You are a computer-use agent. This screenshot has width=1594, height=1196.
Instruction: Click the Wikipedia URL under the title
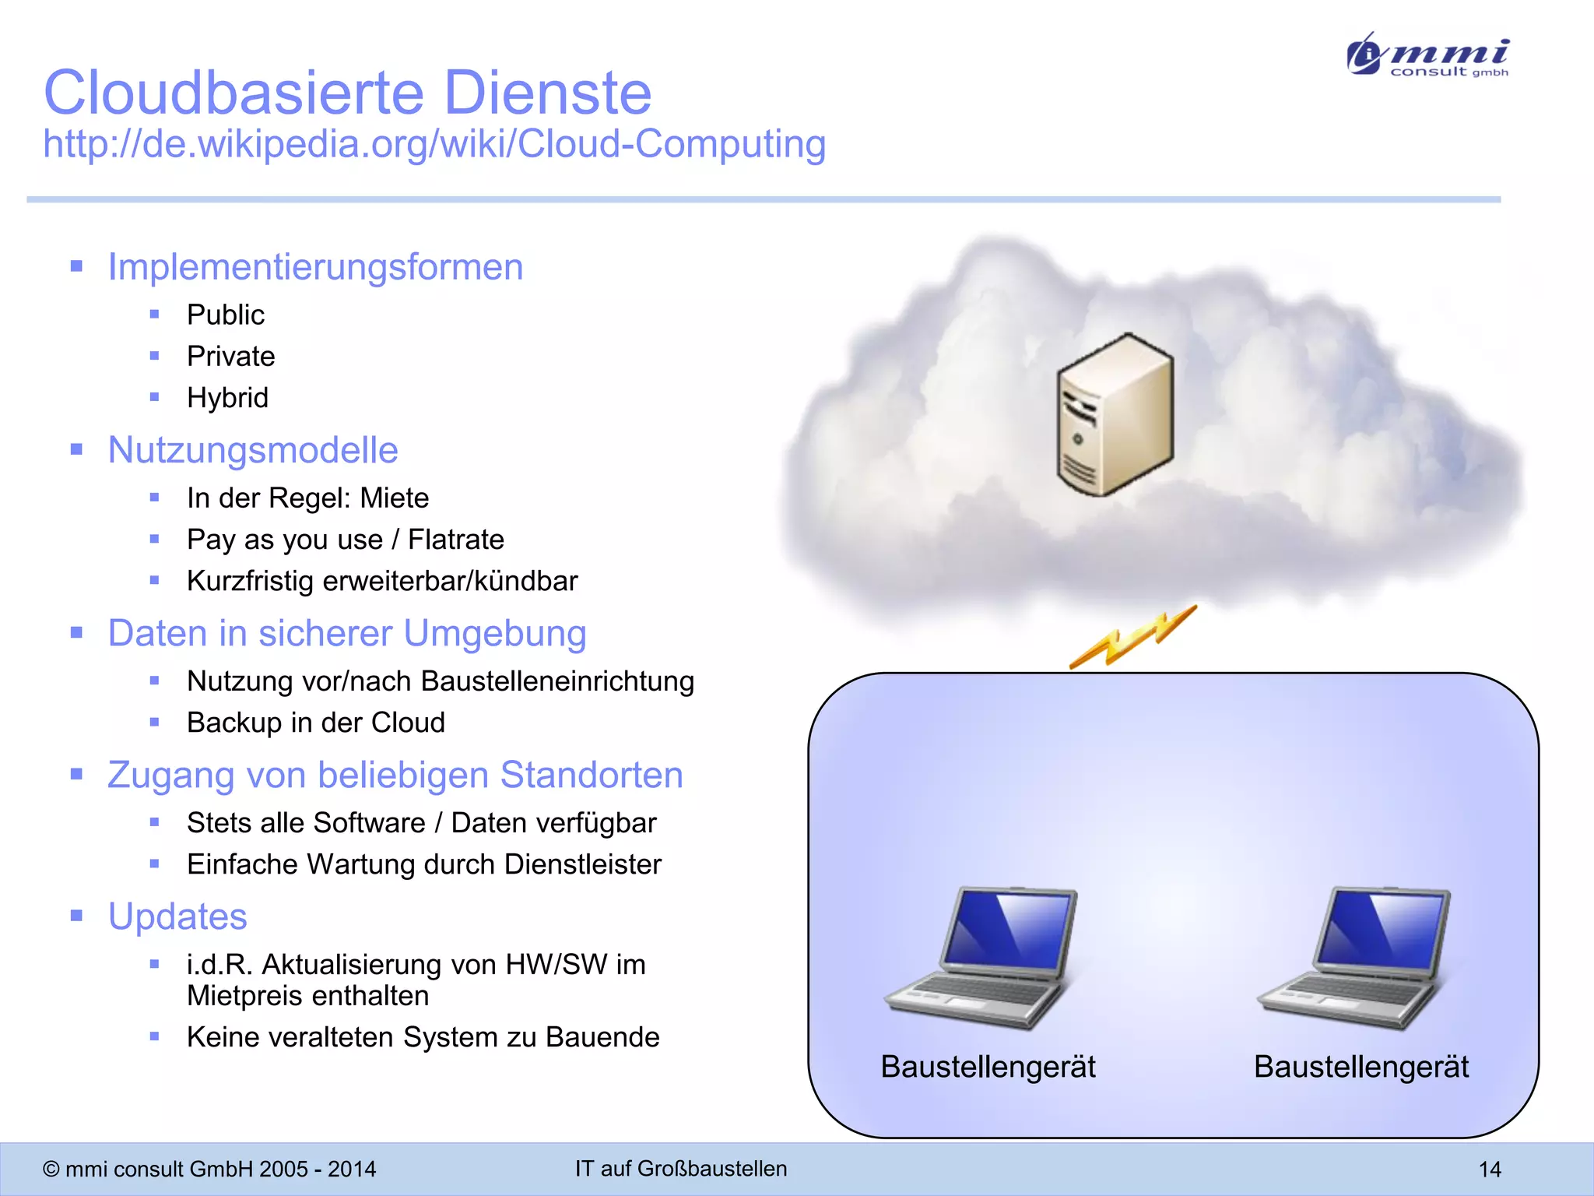pos(434,144)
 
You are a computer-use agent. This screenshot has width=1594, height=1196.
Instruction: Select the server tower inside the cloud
pos(1114,413)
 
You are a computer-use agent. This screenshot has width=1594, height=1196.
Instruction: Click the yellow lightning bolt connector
pos(1132,637)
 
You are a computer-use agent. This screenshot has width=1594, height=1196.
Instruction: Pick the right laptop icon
pos(1354,957)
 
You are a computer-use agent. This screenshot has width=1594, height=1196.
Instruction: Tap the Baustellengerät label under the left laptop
pos(988,1067)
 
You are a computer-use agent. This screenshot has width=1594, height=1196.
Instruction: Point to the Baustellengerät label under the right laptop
pos(1361,1067)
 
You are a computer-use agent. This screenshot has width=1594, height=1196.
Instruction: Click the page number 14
pos(1489,1169)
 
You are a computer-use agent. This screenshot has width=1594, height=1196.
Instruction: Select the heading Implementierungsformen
pos(315,267)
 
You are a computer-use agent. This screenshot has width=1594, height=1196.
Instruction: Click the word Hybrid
pos(227,398)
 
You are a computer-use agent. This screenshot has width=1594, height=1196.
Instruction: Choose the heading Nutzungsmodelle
pos(253,450)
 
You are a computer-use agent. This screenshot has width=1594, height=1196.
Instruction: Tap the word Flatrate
pos(456,540)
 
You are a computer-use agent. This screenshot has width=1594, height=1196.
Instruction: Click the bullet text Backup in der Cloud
pos(316,723)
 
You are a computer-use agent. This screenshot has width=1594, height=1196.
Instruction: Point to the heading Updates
pos(177,916)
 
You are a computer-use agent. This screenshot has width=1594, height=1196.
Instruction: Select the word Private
pos(231,357)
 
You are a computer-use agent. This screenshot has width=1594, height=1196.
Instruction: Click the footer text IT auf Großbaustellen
pos(681,1169)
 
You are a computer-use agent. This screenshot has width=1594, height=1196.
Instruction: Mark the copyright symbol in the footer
pos(51,1170)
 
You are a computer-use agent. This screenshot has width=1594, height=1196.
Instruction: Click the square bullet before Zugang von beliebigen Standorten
pos(76,774)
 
